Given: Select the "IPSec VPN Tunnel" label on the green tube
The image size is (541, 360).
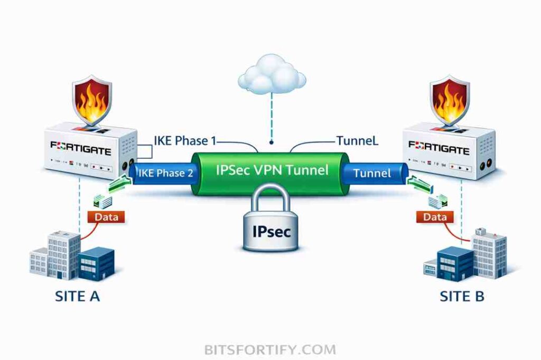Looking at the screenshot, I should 272,170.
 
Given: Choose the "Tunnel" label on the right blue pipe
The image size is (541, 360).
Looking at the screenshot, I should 372,173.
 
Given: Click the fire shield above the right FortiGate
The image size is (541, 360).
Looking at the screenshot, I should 449,99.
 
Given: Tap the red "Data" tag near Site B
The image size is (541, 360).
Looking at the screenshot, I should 434,216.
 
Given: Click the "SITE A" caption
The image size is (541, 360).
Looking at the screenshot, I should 78,296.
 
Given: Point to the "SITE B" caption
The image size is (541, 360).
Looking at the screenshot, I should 462,296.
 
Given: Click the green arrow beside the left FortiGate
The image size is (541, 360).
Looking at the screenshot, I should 119,185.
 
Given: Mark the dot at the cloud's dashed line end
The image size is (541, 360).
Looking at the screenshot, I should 272,142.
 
